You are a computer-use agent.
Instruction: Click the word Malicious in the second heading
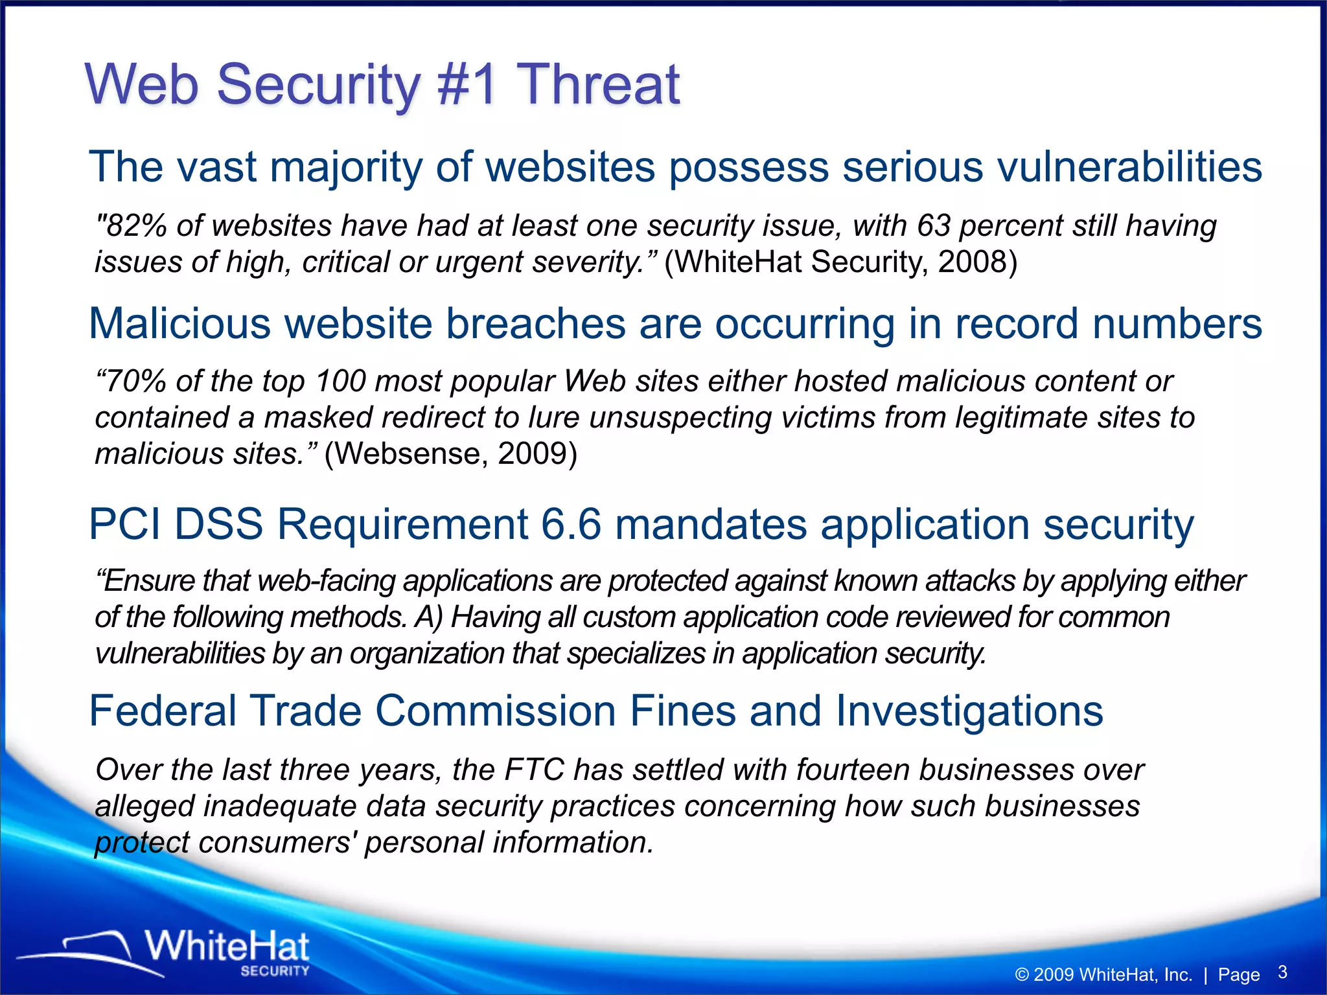[x=179, y=323]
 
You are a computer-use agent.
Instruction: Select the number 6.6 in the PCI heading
[x=571, y=524]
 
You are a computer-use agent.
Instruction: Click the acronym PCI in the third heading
[x=124, y=524]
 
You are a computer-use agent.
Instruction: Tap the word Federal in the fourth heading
[x=163, y=711]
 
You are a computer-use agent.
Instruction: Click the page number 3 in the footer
[x=1282, y=972]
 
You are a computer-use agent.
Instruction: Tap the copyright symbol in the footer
[x=1022, y=975]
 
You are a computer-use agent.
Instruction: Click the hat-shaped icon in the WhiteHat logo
[x=97, y=949]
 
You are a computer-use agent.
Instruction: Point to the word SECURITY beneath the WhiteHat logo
[x=275, y=970]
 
